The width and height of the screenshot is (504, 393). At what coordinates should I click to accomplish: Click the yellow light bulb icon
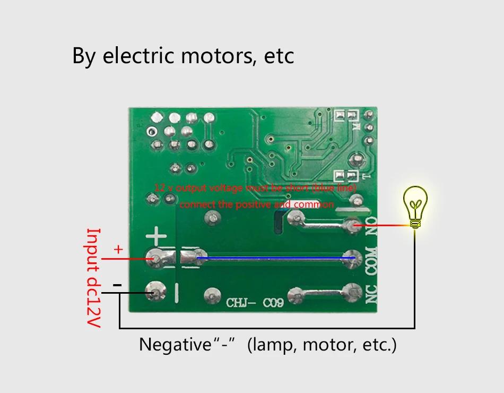click(415, 206)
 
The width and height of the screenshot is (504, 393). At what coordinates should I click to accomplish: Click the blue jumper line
click(276, 258)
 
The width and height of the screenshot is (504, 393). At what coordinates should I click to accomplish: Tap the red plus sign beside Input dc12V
click(118, 249)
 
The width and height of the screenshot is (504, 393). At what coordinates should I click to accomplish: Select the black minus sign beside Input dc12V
click(117, 286)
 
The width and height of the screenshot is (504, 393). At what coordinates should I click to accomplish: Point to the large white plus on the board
click(156, 235)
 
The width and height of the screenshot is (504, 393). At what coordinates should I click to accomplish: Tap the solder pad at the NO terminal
click(349, 226)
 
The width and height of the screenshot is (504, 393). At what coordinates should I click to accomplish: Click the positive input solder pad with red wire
click(155, 259)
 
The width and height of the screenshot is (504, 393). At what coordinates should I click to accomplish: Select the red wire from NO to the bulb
click(382, 226)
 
